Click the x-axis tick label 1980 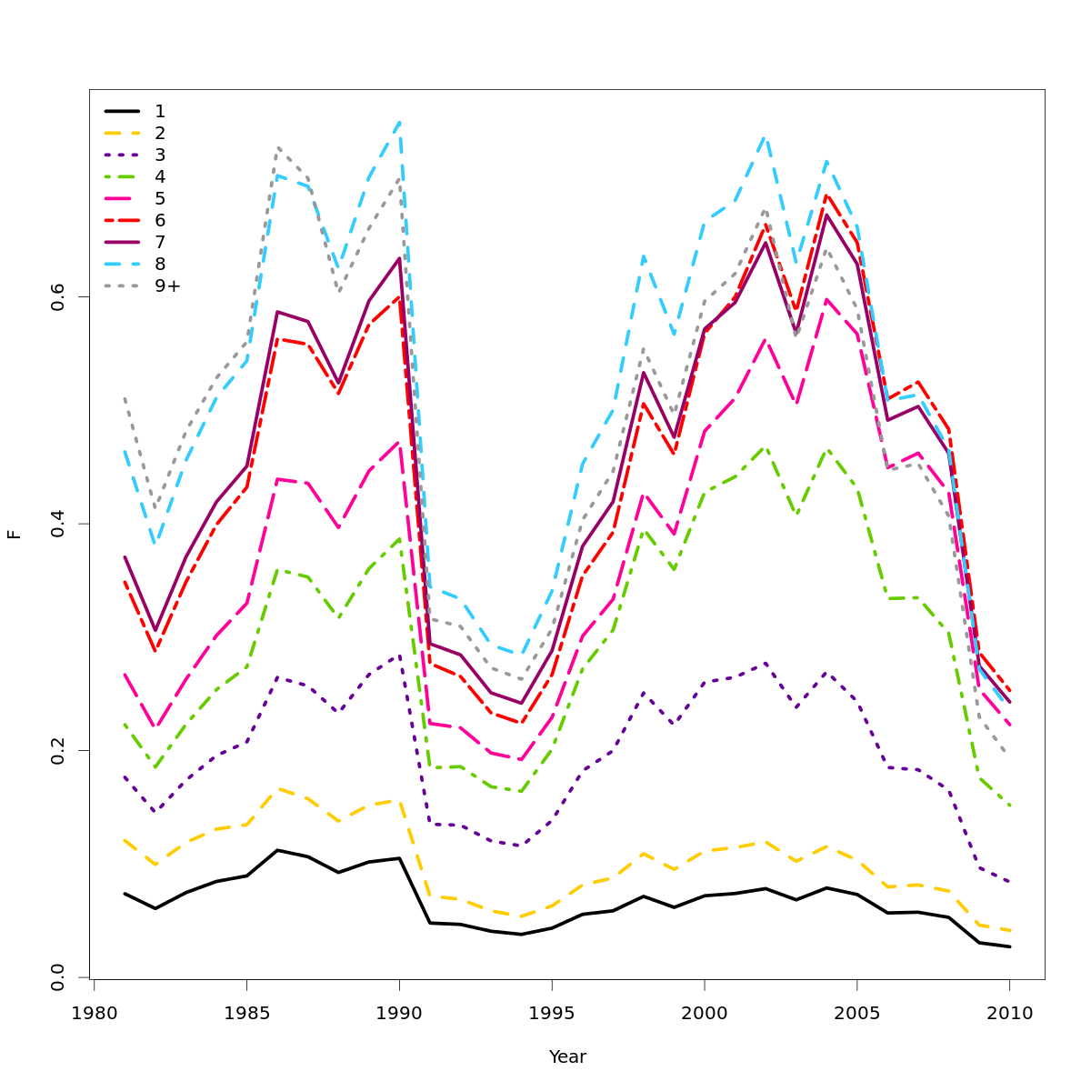pos(94,1013)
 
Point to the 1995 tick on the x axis pos(552,1013)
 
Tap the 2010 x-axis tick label pos(1009,1013)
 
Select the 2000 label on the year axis pos(704,1013)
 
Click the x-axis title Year pos(567,1057)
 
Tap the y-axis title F pos(15,534)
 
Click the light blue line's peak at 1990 pos(399,122)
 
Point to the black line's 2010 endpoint pos(1009,946)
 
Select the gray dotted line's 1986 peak pos(277,147)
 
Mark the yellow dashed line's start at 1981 pos(125,840)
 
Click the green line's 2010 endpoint pos(1009,806)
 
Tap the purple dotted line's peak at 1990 pos(399,655)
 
